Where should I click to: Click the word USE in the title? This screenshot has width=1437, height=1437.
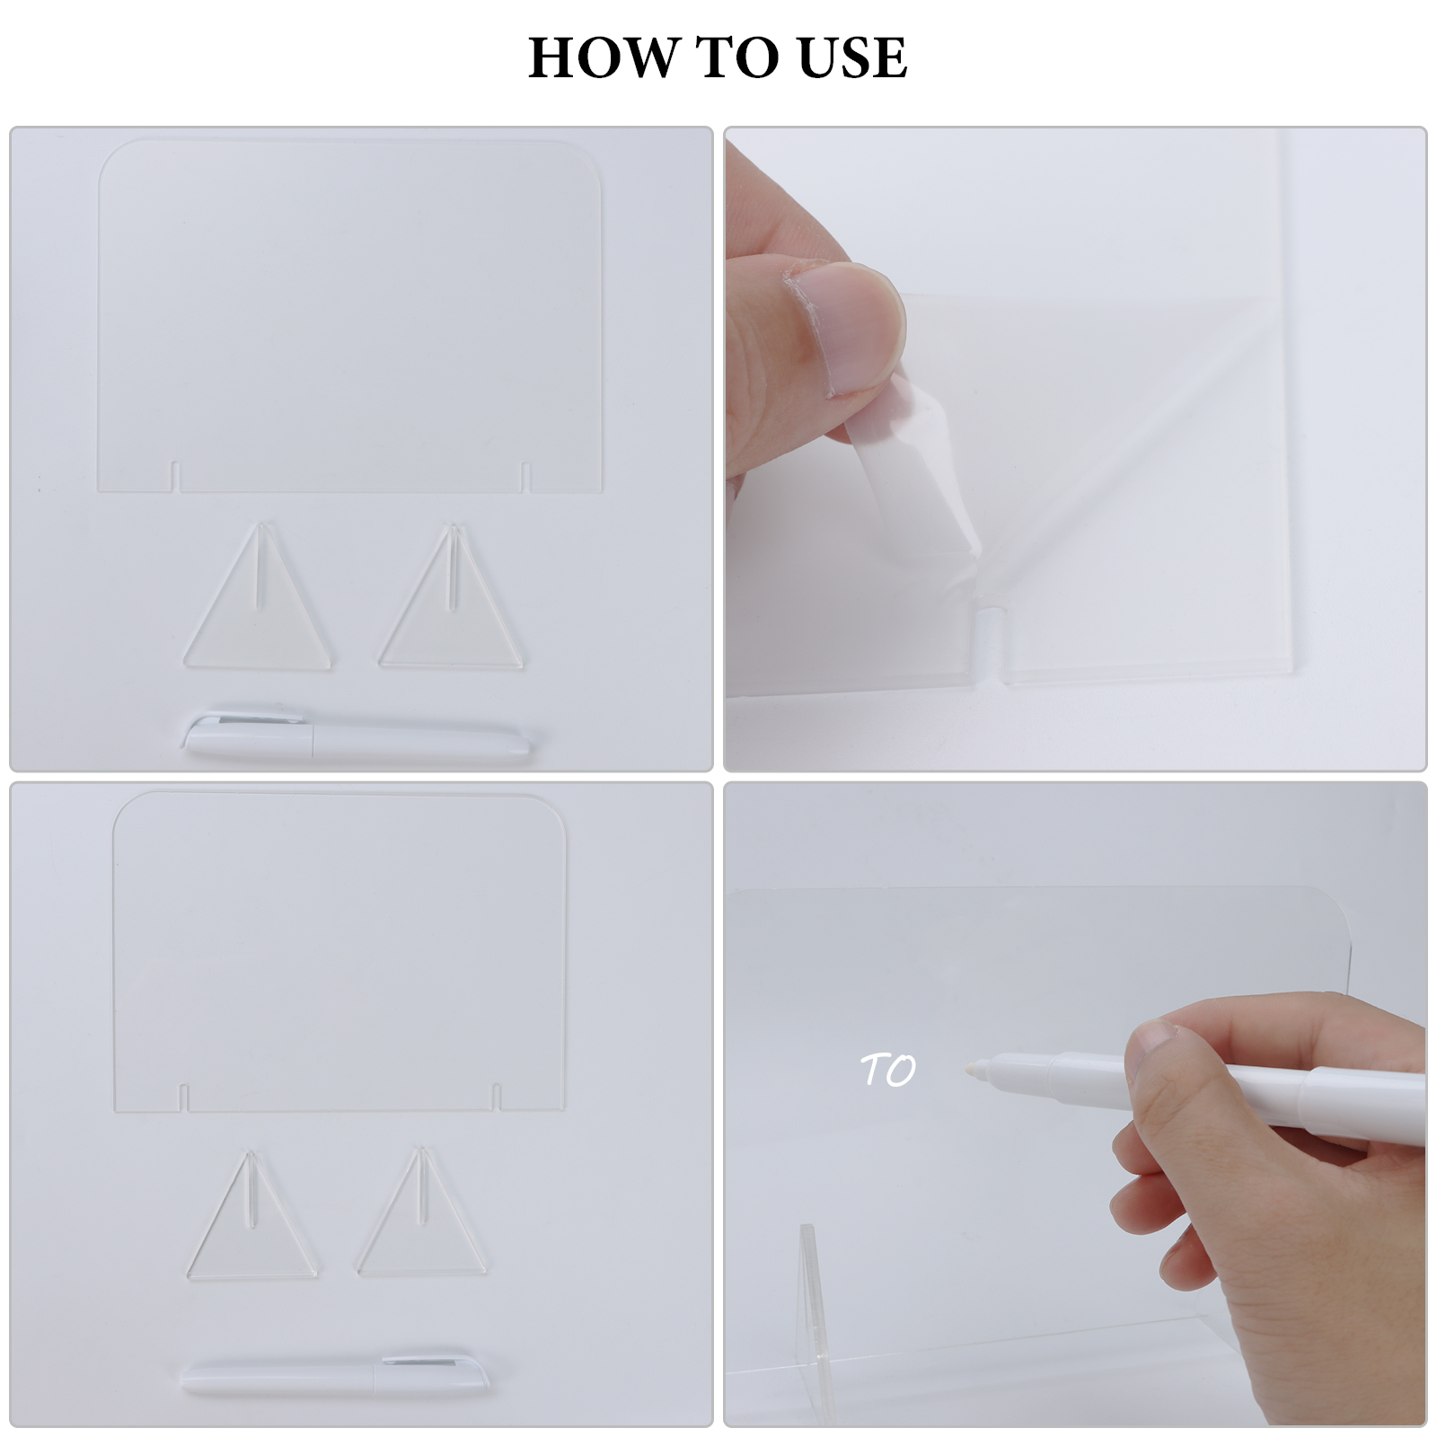coord(851,57)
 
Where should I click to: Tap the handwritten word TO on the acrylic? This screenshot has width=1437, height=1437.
coord(888,1070)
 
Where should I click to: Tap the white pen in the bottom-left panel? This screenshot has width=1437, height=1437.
coord(335,1377)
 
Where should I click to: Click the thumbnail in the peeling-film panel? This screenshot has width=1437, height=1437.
coord(853,332)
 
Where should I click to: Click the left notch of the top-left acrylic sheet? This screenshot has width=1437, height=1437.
coord(176,477)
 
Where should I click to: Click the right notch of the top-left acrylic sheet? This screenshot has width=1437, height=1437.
coord(525,477)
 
